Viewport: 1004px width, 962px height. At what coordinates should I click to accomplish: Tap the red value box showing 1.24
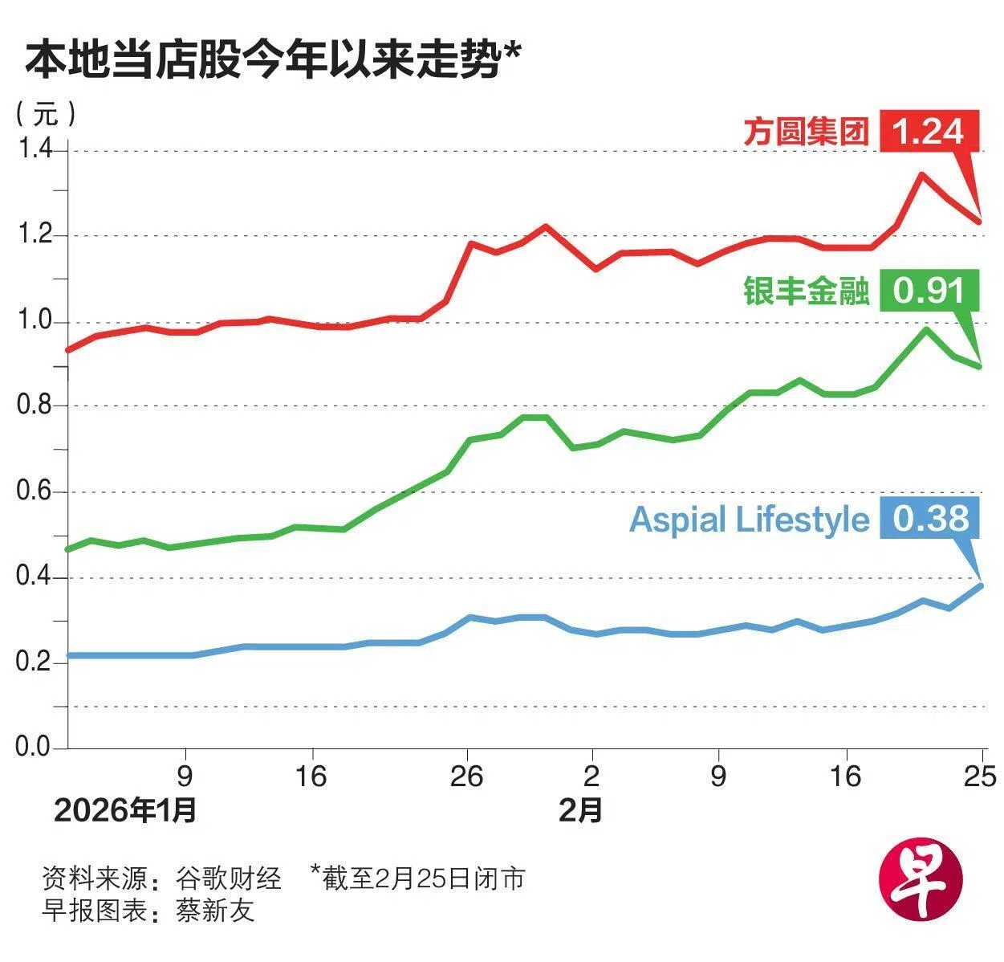click(x=929, y=131)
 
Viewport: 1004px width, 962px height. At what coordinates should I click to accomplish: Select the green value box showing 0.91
click(x=929, y=290)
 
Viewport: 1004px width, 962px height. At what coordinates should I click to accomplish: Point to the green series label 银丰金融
click(x=806, y=291)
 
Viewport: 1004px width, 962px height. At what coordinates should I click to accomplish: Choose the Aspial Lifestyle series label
click(x=749, y=520)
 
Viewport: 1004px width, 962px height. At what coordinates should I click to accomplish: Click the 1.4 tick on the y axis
click(x=35, y=150)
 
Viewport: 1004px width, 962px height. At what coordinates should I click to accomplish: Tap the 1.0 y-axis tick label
click(x=35, y=321)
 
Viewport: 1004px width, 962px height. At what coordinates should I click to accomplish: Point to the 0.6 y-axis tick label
click(x=35, y=491)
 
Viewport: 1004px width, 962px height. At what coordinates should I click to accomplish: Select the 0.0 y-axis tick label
click(x=35, y=747)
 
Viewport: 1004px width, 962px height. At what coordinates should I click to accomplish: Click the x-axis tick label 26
click(x=466, y=777)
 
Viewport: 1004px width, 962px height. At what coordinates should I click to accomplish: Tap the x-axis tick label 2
click(x=591, y=777)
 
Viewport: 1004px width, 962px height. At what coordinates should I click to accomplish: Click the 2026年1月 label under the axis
click(x=125, y=811)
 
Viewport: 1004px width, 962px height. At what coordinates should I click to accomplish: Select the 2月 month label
click(x=580, y=811)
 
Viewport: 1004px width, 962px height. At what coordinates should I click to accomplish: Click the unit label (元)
click(x=46, y=113)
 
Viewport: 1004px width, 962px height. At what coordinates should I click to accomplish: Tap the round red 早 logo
click(x=921, y=881)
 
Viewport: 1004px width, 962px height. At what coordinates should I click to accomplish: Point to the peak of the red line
click(x=922, y=173)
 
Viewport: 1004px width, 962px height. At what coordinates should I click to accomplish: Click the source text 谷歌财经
click(x=229, y=878)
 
